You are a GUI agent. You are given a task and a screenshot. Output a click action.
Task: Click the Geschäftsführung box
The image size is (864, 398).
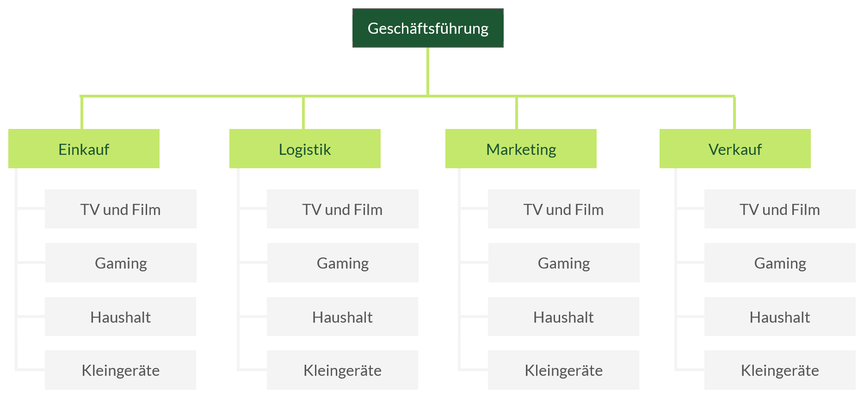tap(428, 28)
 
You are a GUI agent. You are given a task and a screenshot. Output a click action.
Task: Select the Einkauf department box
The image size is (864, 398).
tap(84, 149)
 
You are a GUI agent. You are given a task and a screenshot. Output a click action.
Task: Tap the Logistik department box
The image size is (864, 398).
tap(305, 149)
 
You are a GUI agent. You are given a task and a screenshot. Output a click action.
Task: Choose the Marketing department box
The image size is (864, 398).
tap(521, 149)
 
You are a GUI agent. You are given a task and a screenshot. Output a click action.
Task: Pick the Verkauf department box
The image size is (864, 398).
tap(735, 149)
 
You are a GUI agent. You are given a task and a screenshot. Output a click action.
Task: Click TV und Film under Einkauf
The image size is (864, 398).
tap(121, 209)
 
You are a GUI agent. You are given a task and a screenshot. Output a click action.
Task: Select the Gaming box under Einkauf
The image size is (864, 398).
tap(121, 263)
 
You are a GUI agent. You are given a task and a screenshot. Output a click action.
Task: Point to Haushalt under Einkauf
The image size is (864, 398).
tap(121, 317)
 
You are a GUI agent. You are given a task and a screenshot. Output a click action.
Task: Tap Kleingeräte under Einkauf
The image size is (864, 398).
tap(121, 370)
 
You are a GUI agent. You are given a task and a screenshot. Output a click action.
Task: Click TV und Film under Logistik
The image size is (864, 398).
tap(343, 209)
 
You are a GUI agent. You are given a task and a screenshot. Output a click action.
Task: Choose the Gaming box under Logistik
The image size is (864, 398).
tap(343, 263)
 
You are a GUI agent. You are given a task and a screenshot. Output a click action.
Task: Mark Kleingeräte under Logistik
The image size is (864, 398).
tap(343, 370)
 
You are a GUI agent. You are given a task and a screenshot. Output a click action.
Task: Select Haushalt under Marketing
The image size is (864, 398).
tap(563, 317)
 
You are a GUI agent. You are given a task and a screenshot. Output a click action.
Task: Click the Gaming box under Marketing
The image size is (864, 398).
tap(564, 263)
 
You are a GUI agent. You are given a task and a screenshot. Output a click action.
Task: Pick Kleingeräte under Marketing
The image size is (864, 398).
tap(563, 370)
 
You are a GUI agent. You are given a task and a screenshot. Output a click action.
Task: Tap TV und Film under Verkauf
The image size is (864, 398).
tap(780, 209)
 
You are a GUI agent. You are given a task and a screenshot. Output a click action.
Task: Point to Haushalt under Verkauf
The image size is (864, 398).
tap(780, 317)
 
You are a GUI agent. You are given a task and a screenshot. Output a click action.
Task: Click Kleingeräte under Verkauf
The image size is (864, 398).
tap(780, 370)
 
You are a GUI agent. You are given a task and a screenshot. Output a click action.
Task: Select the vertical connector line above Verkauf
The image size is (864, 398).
tap(734, 113)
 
